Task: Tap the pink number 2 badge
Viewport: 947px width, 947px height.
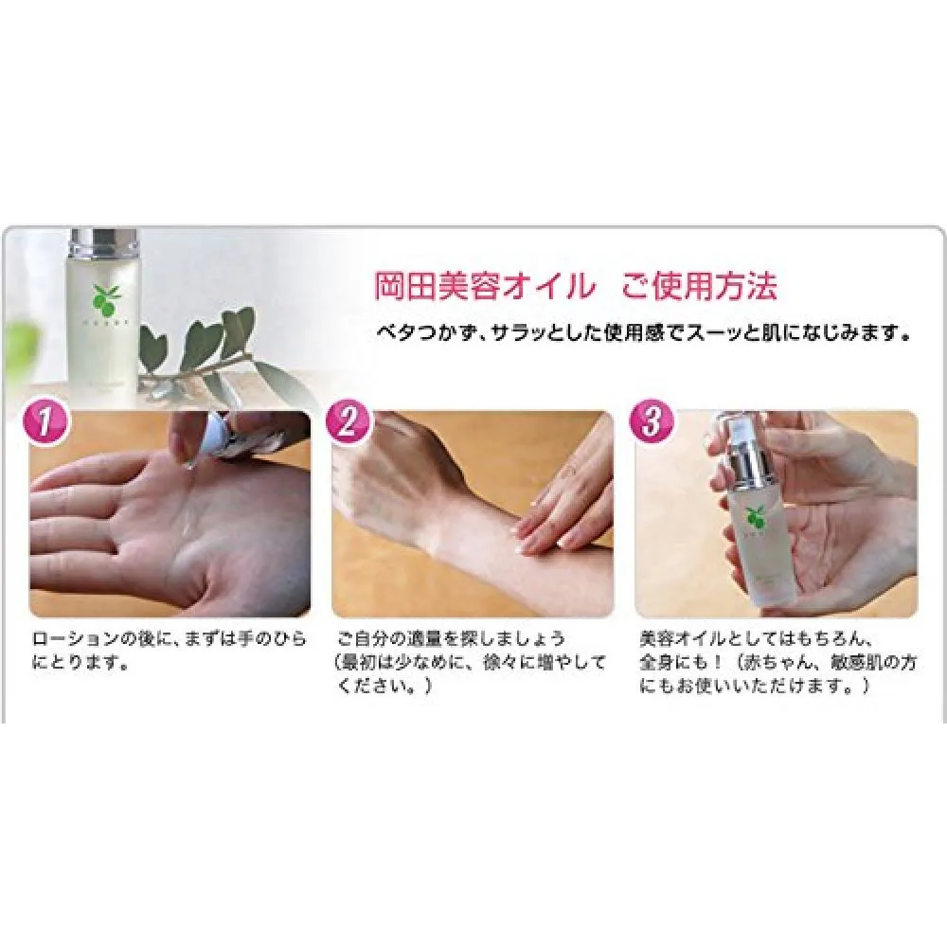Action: [x=348, y=422]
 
